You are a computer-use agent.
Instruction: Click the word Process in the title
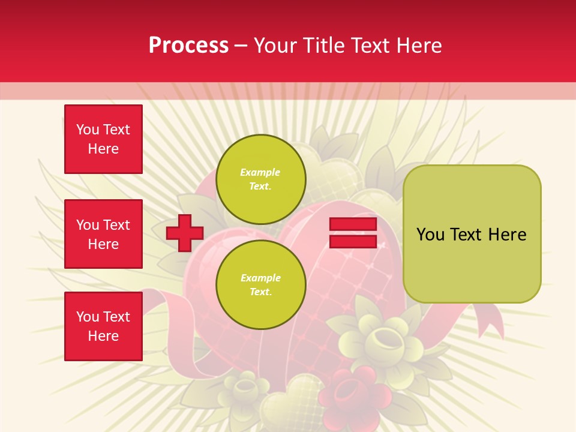coord(188,46)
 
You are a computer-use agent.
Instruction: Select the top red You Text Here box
coord(103,139)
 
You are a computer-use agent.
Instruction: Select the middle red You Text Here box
coord(103,234)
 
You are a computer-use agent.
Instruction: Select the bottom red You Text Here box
coord(103,326)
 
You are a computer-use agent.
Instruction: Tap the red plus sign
coord(185,233)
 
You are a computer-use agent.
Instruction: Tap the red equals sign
coord(353,233)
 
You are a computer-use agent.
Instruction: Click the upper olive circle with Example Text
coord(260,179)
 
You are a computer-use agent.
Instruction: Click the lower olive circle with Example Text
coord(260,285)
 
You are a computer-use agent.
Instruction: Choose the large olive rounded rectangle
coord(472,234)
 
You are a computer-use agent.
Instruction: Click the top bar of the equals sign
coord(353,224)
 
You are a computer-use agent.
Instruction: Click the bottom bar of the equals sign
coord(353,241)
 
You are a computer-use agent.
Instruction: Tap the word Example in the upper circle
coord(260,173)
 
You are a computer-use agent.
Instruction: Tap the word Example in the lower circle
coord(260,278)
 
